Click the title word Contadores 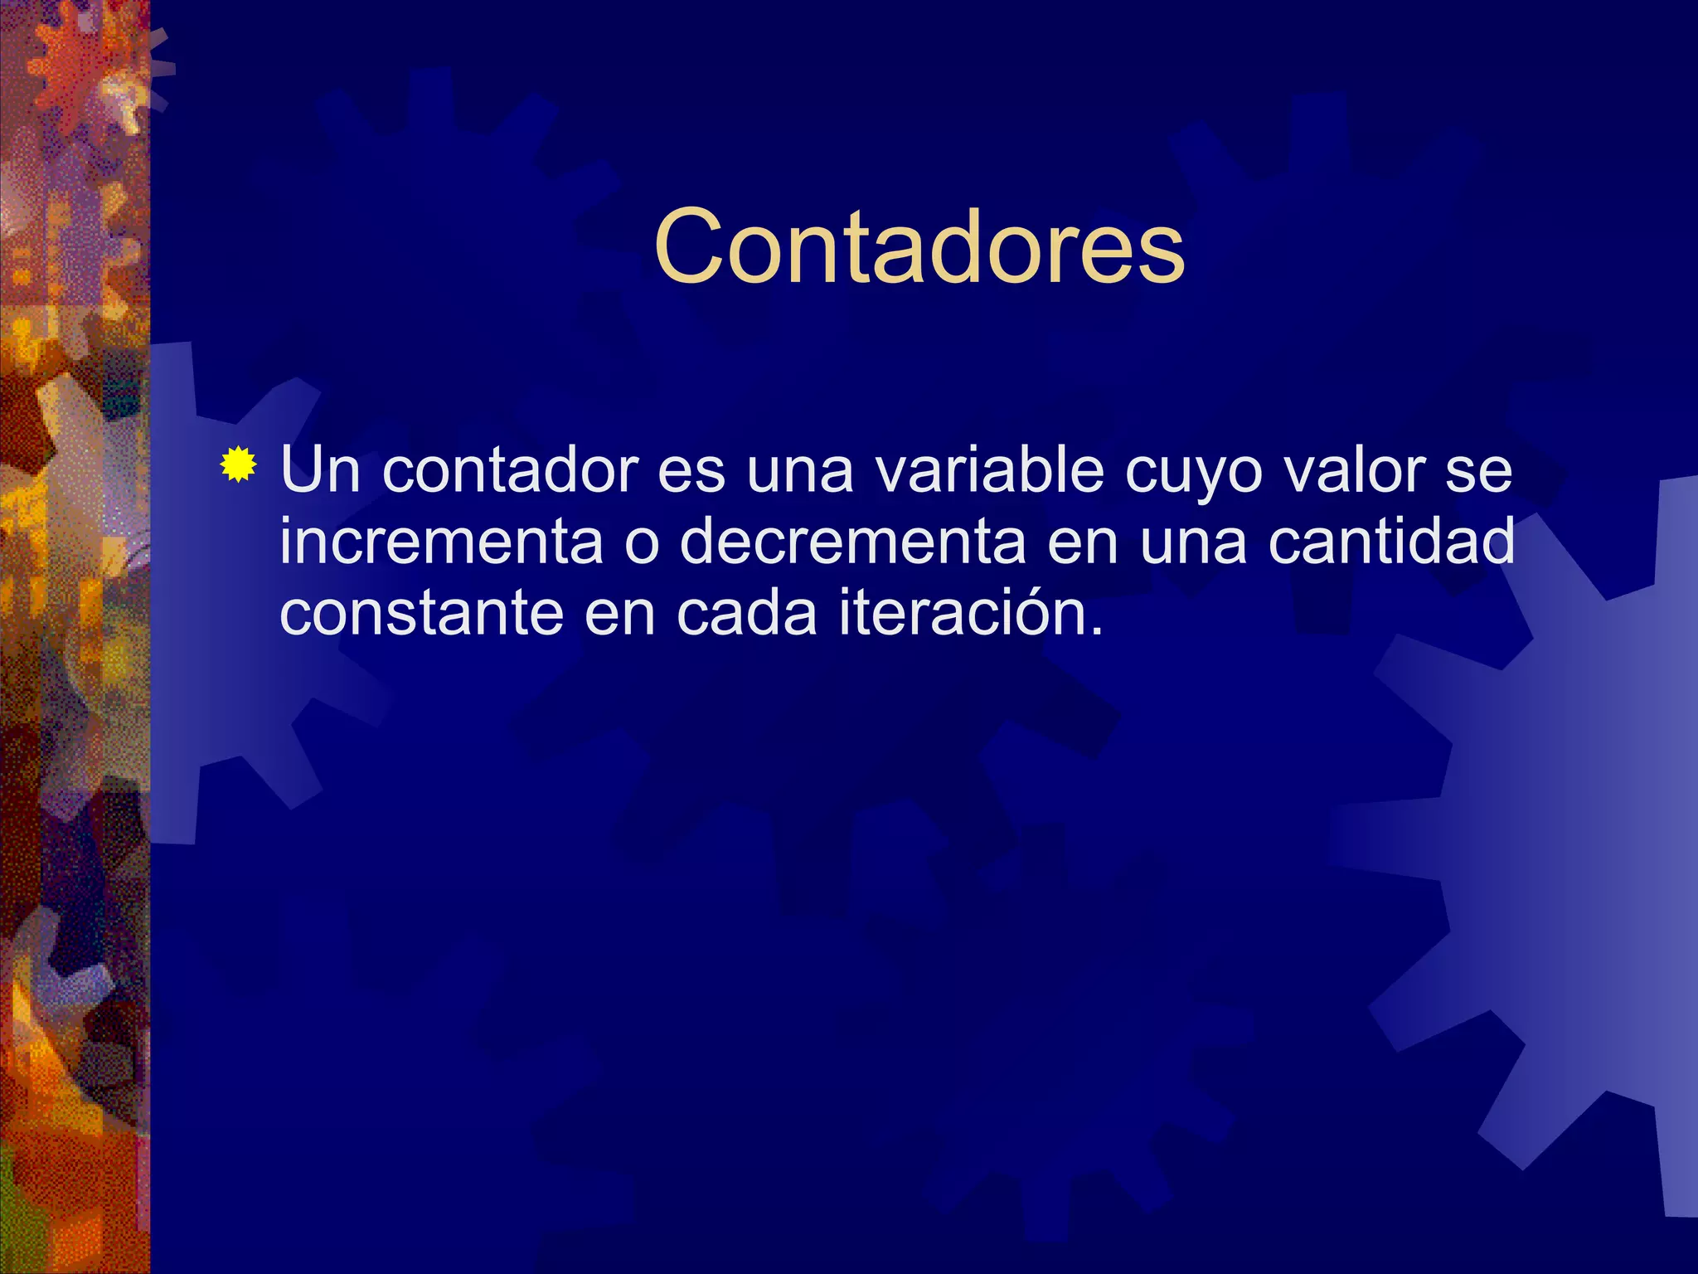point(919,247)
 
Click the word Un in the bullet point(320,469)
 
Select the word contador point(509,469)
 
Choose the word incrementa point(441,542)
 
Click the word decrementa point(852,542)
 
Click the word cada point(746,614)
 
